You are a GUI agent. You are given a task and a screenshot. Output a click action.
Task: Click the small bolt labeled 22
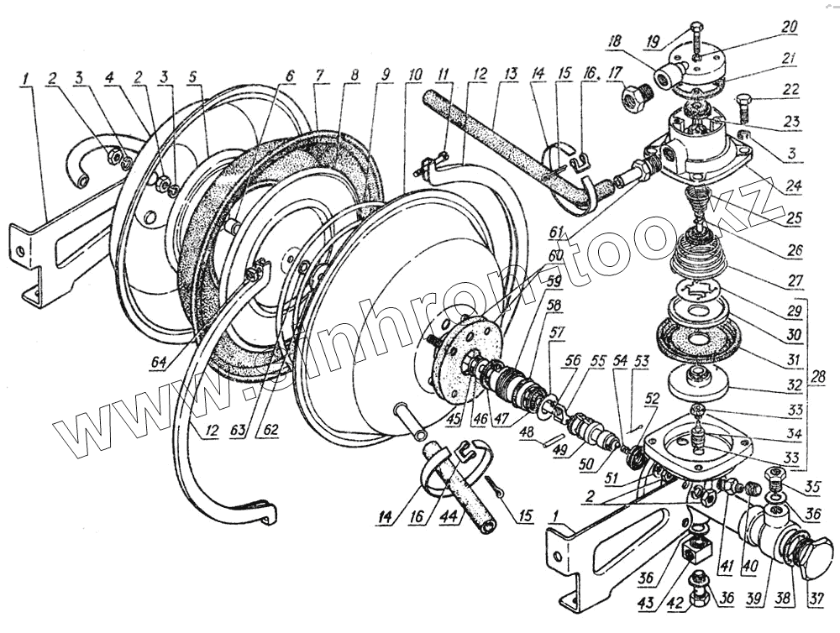744,107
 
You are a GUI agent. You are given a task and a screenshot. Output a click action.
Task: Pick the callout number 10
413,75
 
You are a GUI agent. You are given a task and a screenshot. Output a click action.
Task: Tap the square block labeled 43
693,552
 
